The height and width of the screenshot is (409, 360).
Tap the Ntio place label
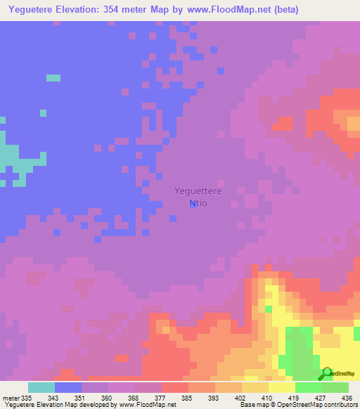pyautogui.click(x=198, y=203)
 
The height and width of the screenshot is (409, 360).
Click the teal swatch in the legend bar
pyautogui.click(x=41, y=387)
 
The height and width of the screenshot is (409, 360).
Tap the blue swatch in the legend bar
pyautogui.click(x=68, y=387)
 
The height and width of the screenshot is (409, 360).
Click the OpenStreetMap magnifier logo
pyautogui.click(x=326, y=374)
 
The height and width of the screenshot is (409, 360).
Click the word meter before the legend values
pyautogui.click(x=11, y=397)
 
